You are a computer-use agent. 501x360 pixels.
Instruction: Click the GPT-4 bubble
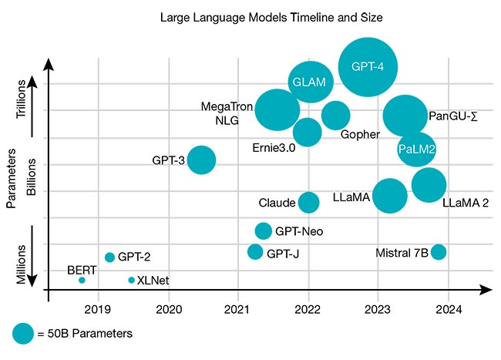(x=368, y=66)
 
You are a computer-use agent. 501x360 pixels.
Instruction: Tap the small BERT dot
(x=82, y=280)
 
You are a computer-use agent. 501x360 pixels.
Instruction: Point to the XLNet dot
(x=131, y=280)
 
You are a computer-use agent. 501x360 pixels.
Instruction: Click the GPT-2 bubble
(x=109, y=257)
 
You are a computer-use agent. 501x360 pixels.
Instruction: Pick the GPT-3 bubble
(x=201, y=160)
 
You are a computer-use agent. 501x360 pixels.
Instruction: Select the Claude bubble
(x=308, y=202)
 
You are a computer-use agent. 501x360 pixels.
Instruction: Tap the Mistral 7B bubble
(x=439, y=251)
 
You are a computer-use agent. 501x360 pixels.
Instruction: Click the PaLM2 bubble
(x=416, y=148)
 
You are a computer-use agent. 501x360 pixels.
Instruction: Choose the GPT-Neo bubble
(x=264, y=230)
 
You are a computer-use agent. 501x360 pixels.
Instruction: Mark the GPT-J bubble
(x=255, y=251)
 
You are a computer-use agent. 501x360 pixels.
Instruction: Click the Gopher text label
(x=360, y=134)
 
